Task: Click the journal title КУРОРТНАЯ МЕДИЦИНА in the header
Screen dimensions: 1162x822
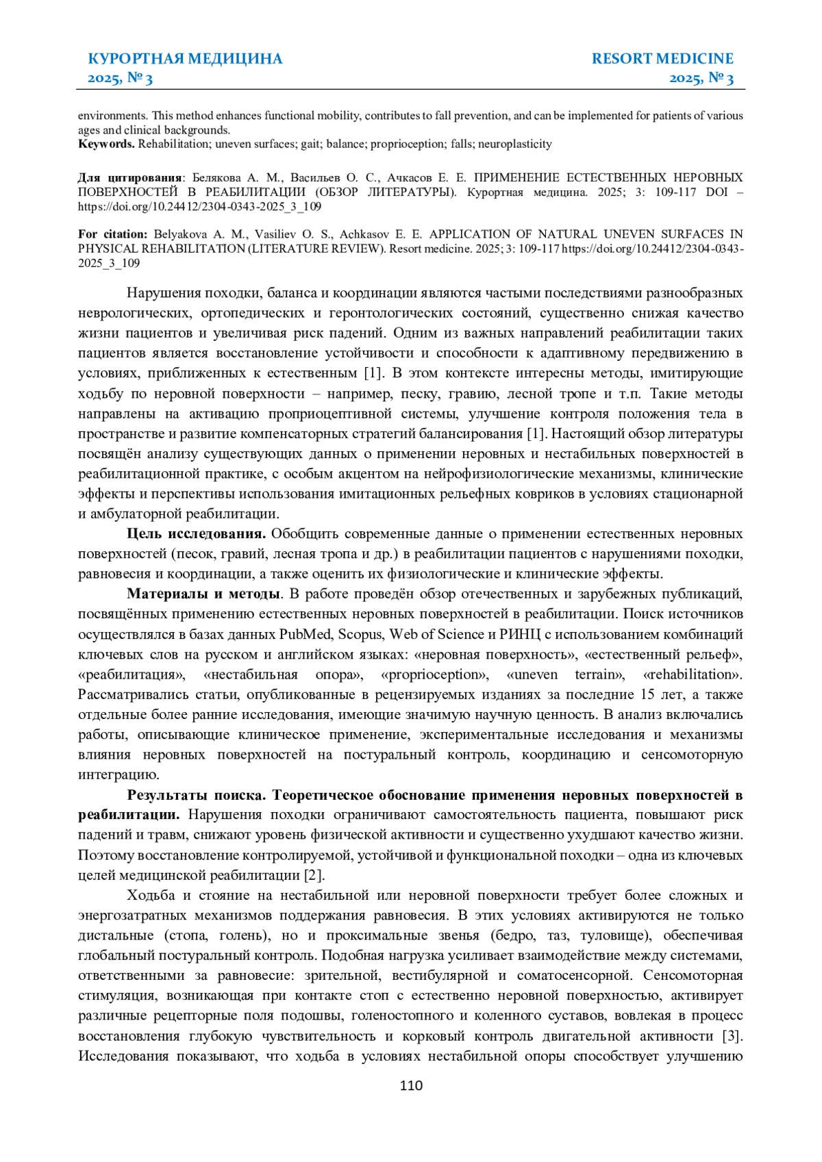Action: pos(185,59)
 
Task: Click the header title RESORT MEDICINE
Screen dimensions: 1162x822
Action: pos(662,59)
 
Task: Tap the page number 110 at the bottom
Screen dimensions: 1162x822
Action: pos(411,1085)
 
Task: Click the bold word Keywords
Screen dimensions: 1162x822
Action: pos(106,144)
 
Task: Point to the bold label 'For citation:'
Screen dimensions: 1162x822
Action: pos(112,234)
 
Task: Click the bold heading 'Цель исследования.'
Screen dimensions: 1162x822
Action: pos(196,534)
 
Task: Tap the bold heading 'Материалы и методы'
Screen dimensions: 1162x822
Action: pos(203,594)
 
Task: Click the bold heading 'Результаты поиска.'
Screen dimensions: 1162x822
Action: pos(197,795)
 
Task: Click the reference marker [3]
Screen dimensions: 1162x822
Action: pos(732,1036)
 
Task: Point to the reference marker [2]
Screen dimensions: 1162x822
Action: pos(314,876)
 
